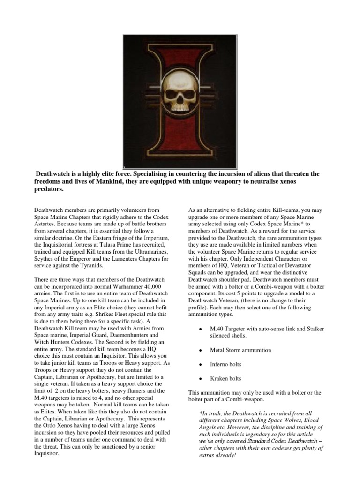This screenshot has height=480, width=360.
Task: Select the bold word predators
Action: (x=49, y=189)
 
